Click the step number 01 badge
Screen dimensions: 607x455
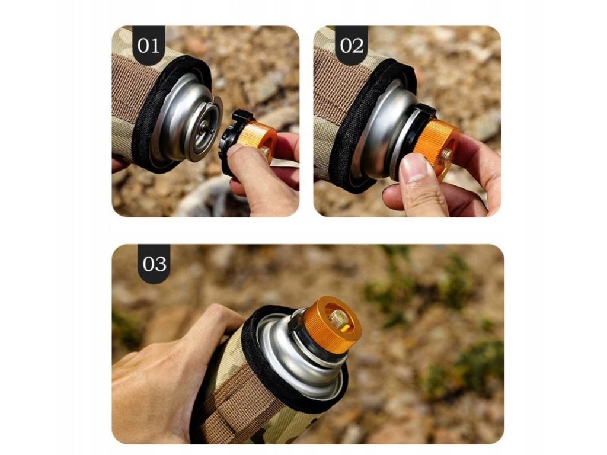pos(149,45)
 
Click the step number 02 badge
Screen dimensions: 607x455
pos(352,45)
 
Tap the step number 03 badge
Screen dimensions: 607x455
pos(154,264)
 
